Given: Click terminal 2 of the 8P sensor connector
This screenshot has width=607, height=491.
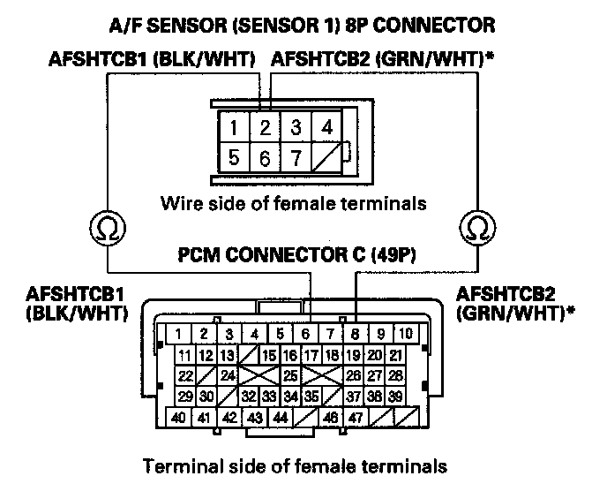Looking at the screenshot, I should pyautogui.click(x=265, y=128).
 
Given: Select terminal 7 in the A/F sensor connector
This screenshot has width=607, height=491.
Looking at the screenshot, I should pyautogui.click(x=296, y=160).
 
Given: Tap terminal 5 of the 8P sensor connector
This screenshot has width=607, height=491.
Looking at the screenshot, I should pyautogui.click(x=234, y=160).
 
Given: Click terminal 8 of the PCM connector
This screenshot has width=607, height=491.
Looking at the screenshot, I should pyautogui.click(x=355, y=335).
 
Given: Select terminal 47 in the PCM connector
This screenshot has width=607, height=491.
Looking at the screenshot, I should pyautogui.click(x=356, y=417).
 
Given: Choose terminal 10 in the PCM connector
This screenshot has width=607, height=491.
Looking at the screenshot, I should pyautogui.click(x=405, y=335).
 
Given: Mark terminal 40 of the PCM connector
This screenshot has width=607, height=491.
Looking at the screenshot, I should pyautogui.click(x=178, y=417).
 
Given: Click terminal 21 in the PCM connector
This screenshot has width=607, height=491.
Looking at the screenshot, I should pyautogui.click(x=396, y=356).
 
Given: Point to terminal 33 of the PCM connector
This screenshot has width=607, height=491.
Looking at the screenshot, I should pyautogui.click(x=270, y=397).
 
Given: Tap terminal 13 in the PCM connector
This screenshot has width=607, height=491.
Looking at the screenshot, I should pyautogui.click(x=229, y=356).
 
